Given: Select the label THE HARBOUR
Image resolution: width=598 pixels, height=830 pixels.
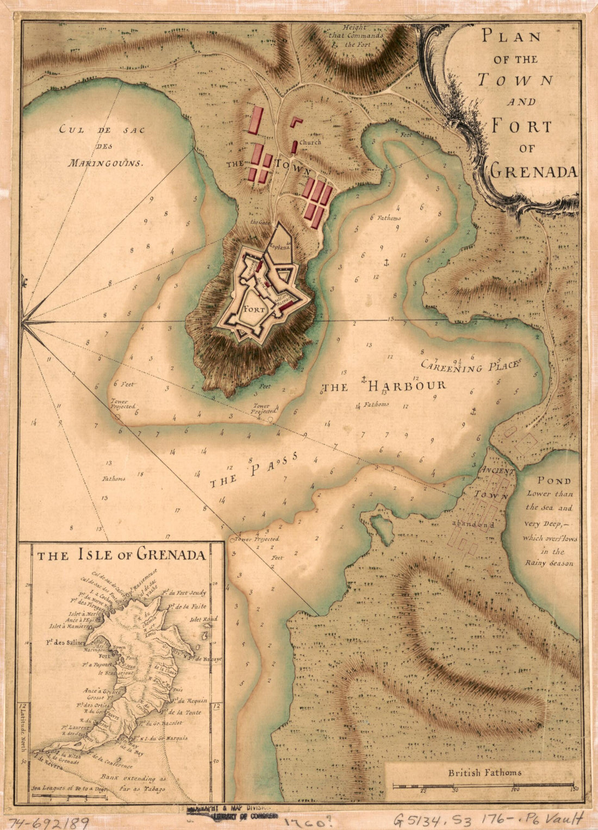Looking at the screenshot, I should click(x=384, y=386).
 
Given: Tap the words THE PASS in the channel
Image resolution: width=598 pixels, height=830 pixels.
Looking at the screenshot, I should click(x=254, y=470).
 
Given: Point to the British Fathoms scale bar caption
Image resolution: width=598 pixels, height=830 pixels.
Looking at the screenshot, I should click(x=484, y=772).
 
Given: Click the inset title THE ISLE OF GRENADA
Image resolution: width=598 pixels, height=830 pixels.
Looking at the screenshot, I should click(x=121, y=555).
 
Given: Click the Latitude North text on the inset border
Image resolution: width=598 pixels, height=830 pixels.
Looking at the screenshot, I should click(x=23, y=728).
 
